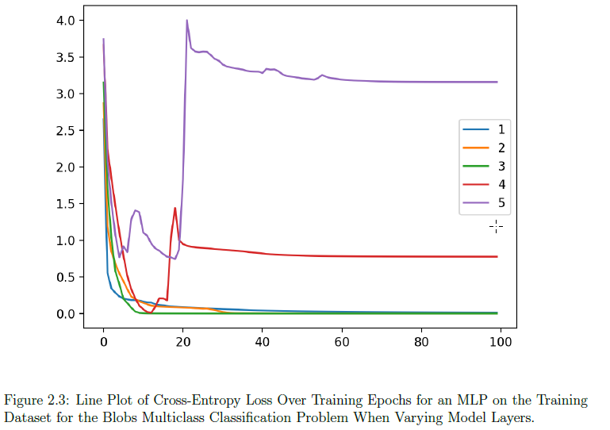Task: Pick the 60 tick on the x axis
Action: click(342, 342)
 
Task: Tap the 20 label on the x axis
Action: click(182, 342)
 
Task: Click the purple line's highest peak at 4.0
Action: click(187, 21)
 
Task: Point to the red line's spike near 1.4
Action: click(175, 209)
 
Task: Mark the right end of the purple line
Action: click(497, 82)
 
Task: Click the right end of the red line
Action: click(497, 256)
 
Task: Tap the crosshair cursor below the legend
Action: click(496, 227)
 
